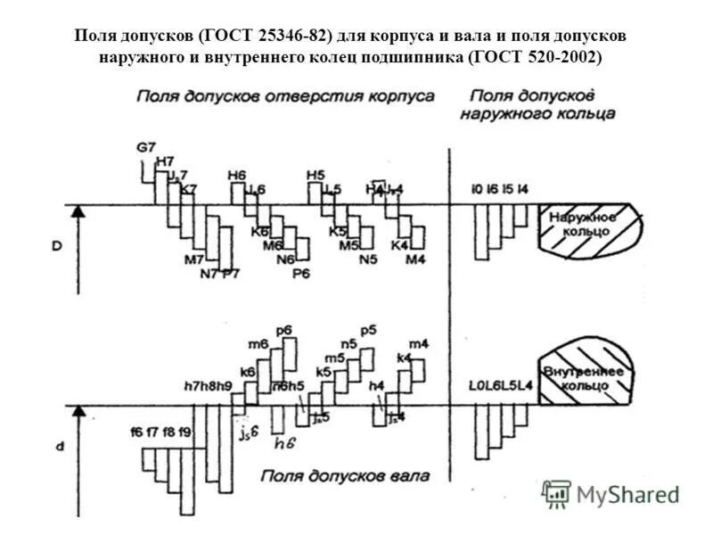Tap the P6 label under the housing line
pyautogui.click(x=302, y=273)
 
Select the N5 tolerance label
pyautogui.click(x=367, y=259)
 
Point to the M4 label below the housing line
pyautogui.click(x=416, y=259)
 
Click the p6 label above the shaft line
pyautogui.click(x=284, y=330)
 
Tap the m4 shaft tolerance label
pyautogui.click(x=418, y=343)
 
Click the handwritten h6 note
pyautogui.click(x=285, y=441)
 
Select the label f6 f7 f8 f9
pyautogui.click(x=160, y=432)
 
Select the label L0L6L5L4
pyautogui.click(x=502, y=385)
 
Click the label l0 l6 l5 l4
pyautogui.click(x=501, y=189)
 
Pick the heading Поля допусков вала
pyautogui.click(x=347, y=476)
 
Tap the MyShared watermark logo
pyautogui.click(x=611, y=494)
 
